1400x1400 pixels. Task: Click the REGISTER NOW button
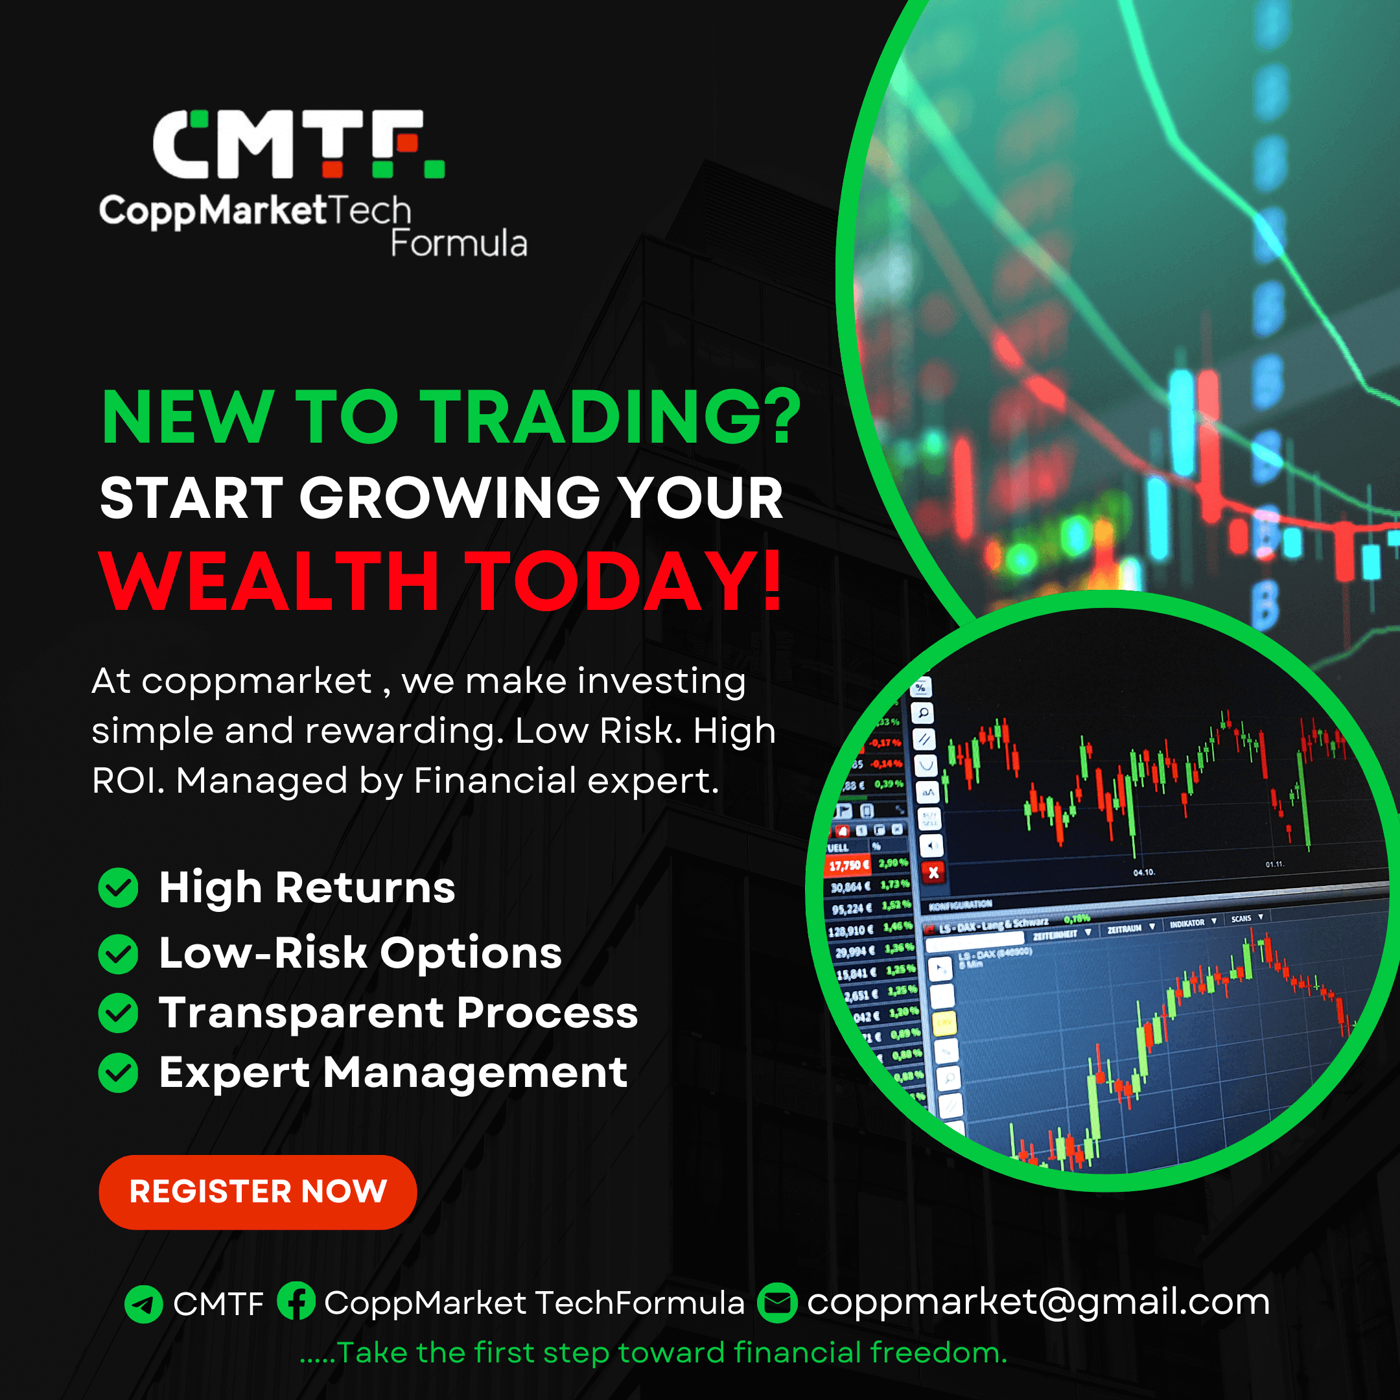[x=257, y=1192]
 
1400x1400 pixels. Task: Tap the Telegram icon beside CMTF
[x=143, y=1304]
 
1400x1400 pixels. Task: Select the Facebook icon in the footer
[x=296, y=1301]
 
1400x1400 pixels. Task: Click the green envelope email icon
[x=777, y=1303]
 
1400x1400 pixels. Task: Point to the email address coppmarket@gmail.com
[x=1038, y=1302]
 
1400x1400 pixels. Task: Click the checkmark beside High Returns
[x=118, y=888]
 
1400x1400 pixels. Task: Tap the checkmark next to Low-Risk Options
[x=118, y=953]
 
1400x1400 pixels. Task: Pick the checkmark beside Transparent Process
[x=118, y=1013]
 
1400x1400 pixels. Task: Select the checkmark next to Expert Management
[x=118, y=1073]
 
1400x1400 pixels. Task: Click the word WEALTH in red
[x=270, y=582]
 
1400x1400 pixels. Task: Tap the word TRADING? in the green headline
[x=612, y=418]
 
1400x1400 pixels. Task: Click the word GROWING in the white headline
[x=450, y=499]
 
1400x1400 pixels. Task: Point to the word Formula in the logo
[x=459, y=244]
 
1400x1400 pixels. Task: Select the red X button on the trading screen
[x=933, y=873]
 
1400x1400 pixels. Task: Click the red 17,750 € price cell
[x=848, y=865]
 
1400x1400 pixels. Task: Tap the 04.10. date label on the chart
[x=1143, y=872]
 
